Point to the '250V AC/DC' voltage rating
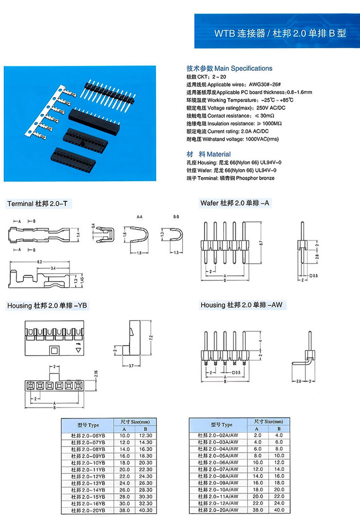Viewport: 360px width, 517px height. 271,108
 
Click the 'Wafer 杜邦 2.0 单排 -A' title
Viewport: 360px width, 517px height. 235,204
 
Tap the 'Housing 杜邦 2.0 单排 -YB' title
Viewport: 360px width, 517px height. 47,306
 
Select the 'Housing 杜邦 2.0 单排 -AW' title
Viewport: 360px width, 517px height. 241,305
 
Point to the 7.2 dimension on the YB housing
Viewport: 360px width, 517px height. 151,337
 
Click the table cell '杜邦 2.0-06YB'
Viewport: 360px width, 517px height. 88,436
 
